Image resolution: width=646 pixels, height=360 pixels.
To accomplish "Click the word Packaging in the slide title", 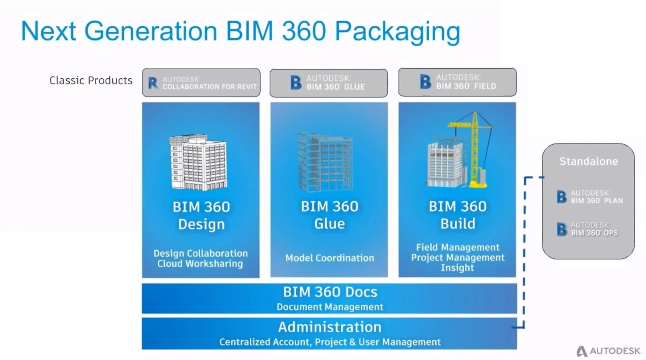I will click(397, 32).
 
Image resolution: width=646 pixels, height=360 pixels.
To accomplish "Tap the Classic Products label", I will click(91, 80).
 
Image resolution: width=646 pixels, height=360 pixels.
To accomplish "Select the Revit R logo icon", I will click(153, 83).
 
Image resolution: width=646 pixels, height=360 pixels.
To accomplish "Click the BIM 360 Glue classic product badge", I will click(329, 83).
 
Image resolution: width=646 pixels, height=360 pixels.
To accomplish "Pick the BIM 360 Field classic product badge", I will click(457, 82).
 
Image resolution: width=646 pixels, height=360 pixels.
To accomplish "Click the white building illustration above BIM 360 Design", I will click(198, 163).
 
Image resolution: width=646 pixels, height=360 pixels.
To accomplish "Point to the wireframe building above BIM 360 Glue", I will click(325, 162).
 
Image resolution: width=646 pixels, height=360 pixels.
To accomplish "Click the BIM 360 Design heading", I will click(201, 215).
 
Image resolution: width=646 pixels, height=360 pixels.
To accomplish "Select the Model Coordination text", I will click(329, 258).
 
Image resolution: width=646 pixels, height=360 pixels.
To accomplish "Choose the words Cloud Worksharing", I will click(200, 264).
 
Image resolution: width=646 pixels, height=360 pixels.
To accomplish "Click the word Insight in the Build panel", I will click(457, 268).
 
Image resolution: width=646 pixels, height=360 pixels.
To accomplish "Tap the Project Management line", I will click(457, 258).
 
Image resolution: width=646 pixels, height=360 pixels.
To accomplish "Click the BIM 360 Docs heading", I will click(330, 292).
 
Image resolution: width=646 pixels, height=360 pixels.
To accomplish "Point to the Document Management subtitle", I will click(330, 307).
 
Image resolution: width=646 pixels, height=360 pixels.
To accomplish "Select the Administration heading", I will click(330, 327).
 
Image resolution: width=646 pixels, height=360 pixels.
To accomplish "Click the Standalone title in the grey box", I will click(589, 161).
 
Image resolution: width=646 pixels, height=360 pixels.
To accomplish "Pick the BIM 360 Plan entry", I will click(590, 197).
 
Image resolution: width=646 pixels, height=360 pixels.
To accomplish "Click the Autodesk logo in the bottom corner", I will click(609, 351).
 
